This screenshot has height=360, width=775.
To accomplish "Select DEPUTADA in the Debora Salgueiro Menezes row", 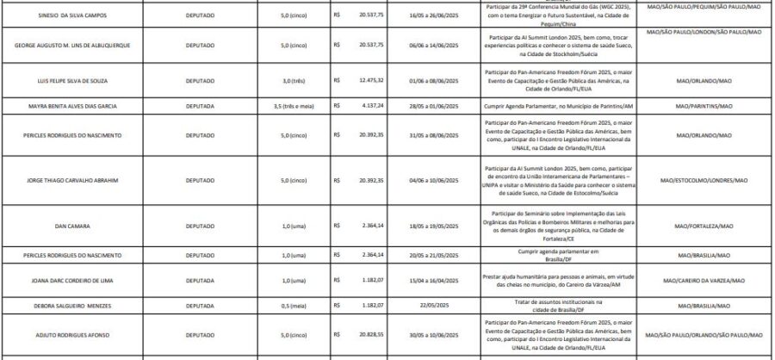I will (x=200, y=305).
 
